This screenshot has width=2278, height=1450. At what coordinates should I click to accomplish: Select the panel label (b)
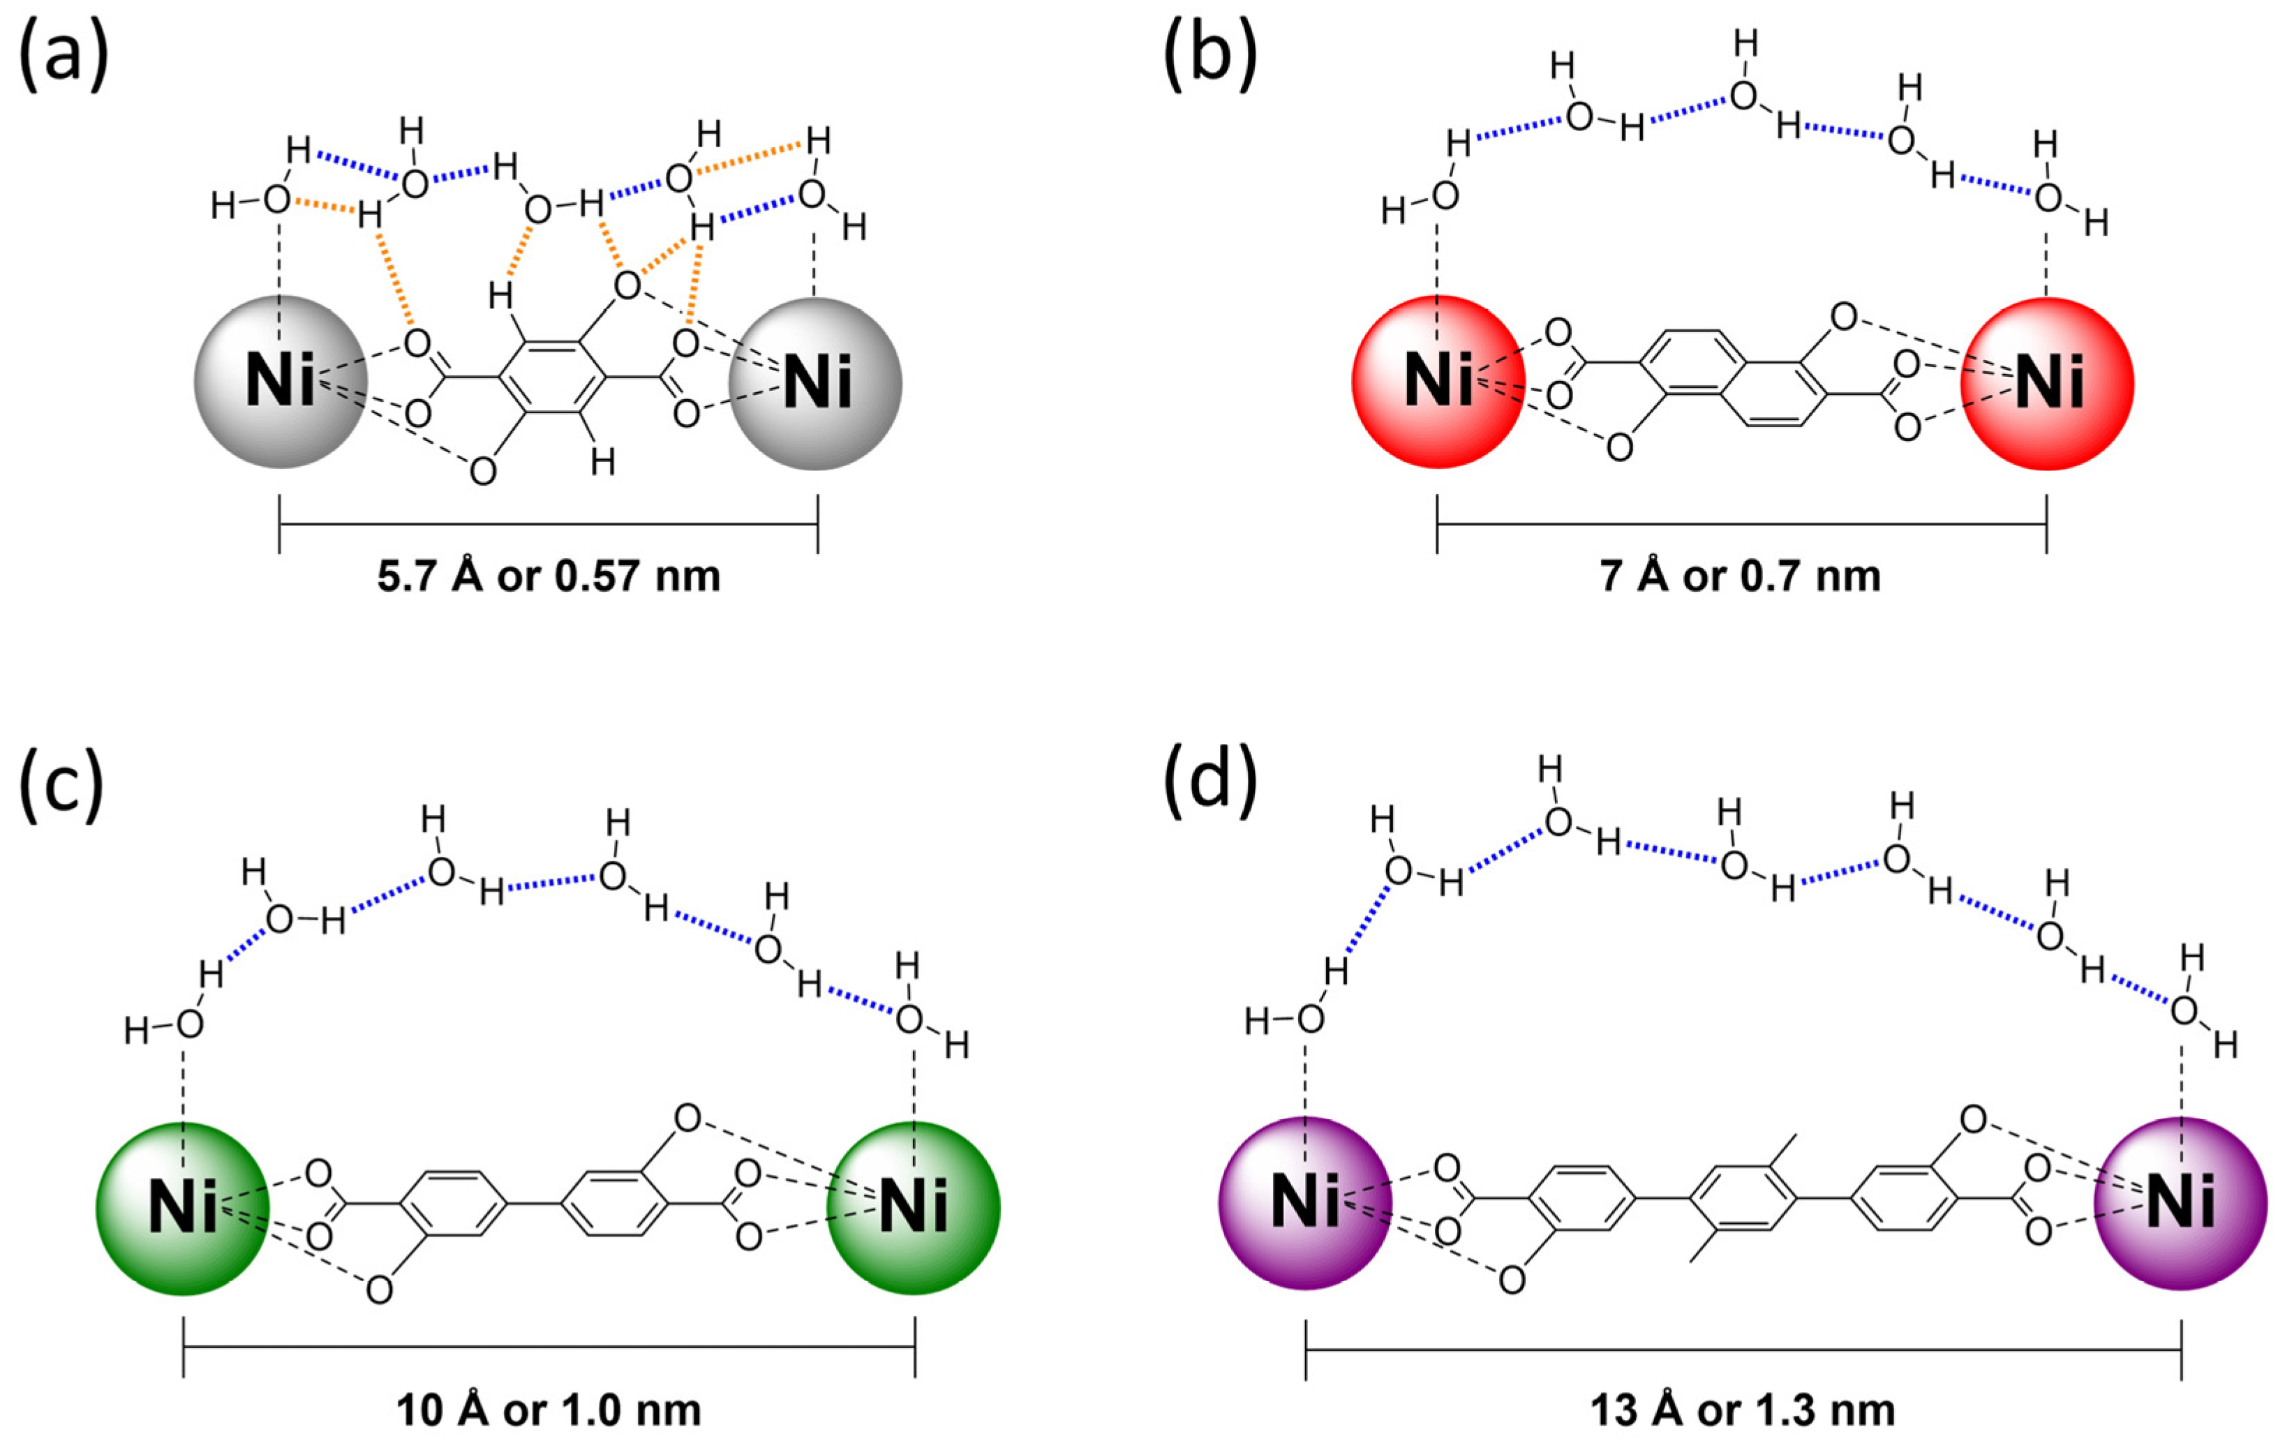[1210, 59]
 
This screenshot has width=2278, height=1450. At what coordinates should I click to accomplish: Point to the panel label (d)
[1210, 786]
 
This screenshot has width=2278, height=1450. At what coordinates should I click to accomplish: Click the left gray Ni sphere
[280, 382]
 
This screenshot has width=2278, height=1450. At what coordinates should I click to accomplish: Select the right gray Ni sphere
[815, 383]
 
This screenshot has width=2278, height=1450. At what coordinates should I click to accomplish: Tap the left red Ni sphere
[1438, 382]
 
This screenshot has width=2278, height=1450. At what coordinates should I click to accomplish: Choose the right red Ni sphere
[2048, 383]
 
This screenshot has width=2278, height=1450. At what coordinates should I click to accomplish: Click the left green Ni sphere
[183, 1208]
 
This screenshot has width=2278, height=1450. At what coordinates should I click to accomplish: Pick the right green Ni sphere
[913, 1208]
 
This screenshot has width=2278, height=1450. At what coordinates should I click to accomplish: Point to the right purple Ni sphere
[2180, 1203]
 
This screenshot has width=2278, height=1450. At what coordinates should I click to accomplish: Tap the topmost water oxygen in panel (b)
[1743, 95]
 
